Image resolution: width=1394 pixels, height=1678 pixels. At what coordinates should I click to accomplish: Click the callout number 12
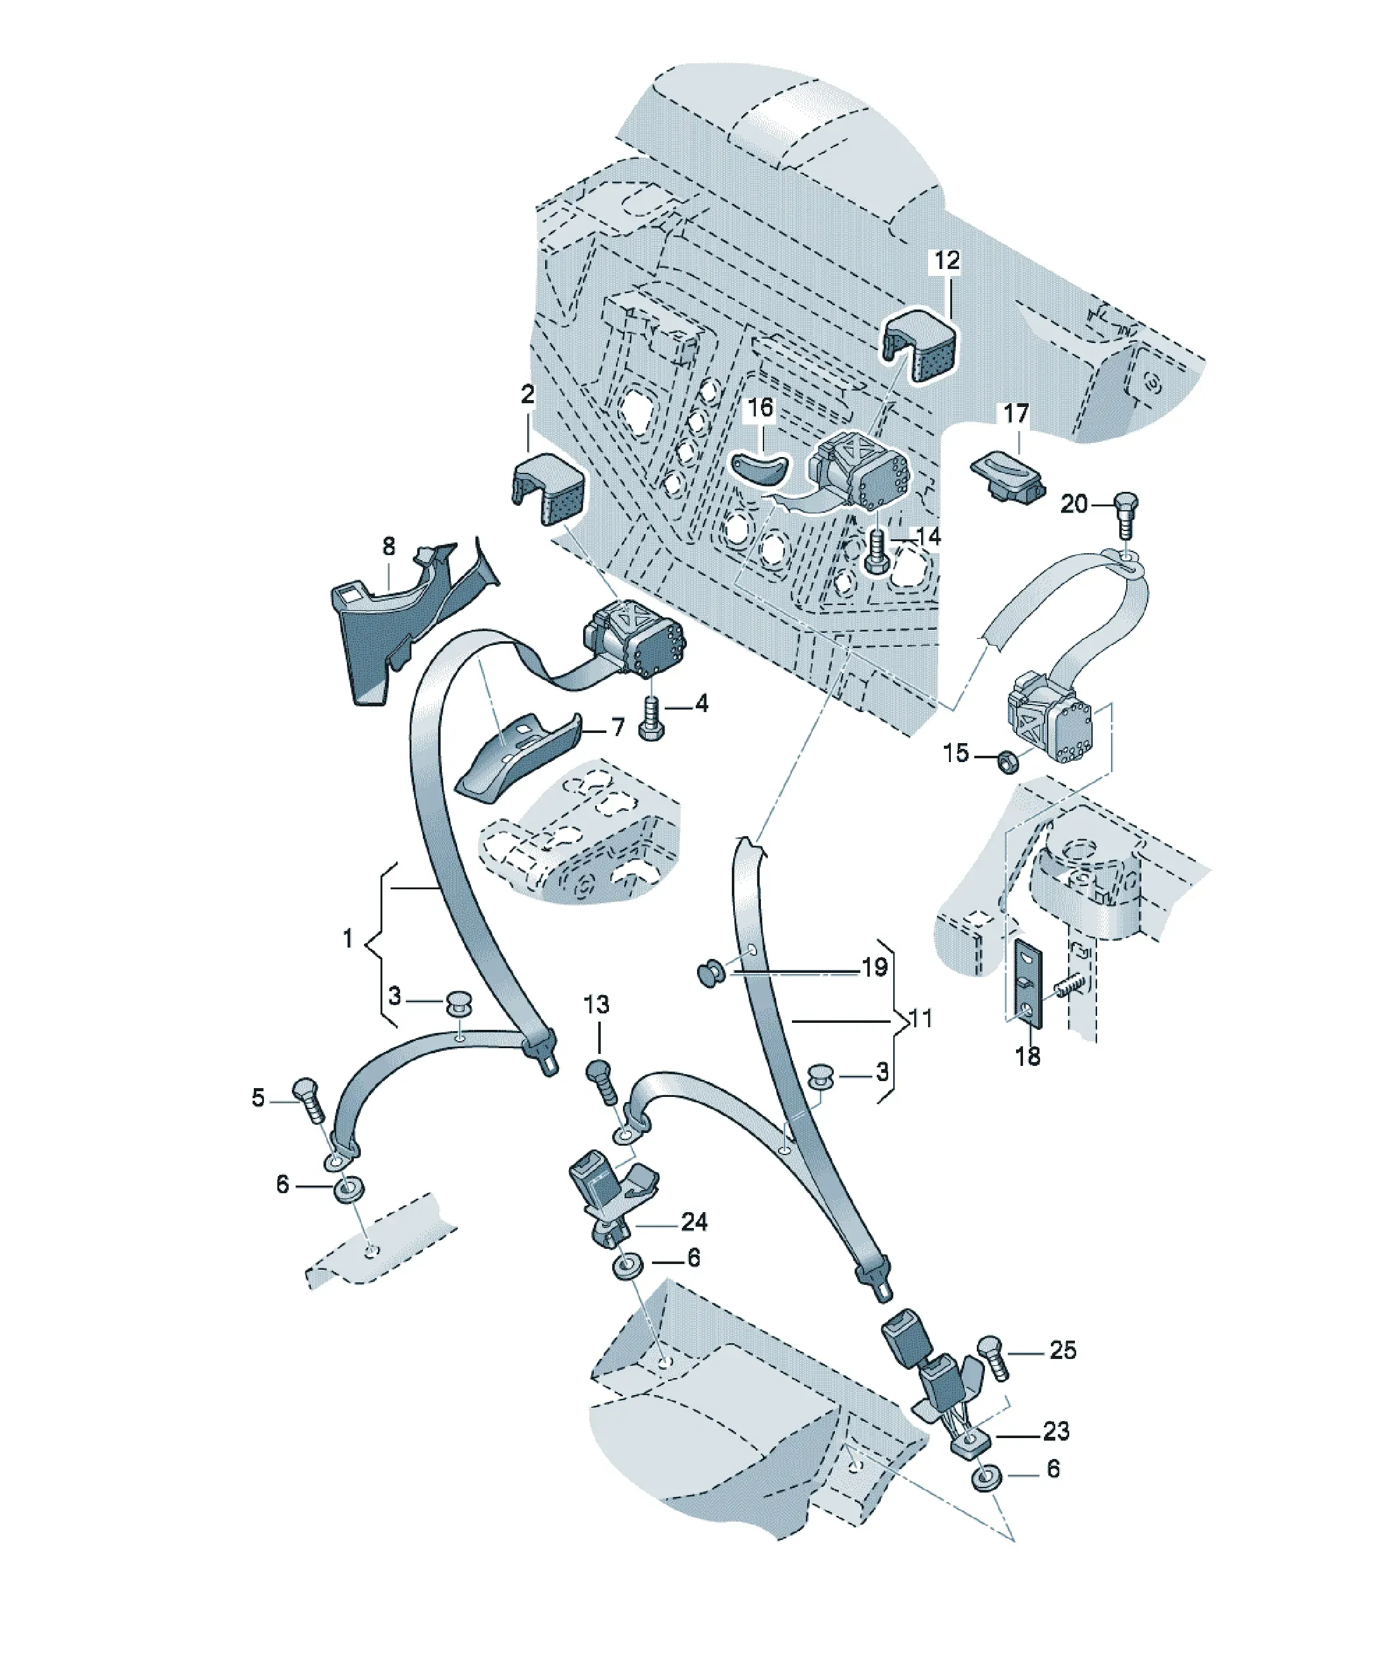pos(946,261)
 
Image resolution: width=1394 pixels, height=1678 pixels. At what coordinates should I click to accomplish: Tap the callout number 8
pos(389,546)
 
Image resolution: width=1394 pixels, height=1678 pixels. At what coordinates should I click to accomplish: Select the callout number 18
pos(1027,1056)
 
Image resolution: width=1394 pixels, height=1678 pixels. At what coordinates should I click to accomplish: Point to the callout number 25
pos(1062,1349)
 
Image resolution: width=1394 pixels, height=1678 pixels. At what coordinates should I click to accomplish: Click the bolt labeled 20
pos(1126,515)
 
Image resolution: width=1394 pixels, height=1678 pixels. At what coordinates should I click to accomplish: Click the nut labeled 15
pos(1008,761)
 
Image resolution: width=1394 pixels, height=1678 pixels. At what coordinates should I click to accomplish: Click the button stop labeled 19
pos(712,974)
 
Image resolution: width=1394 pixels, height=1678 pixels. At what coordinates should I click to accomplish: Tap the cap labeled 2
pos(548,487)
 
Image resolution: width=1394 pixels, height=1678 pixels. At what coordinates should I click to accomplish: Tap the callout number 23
pos(1056,1431)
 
